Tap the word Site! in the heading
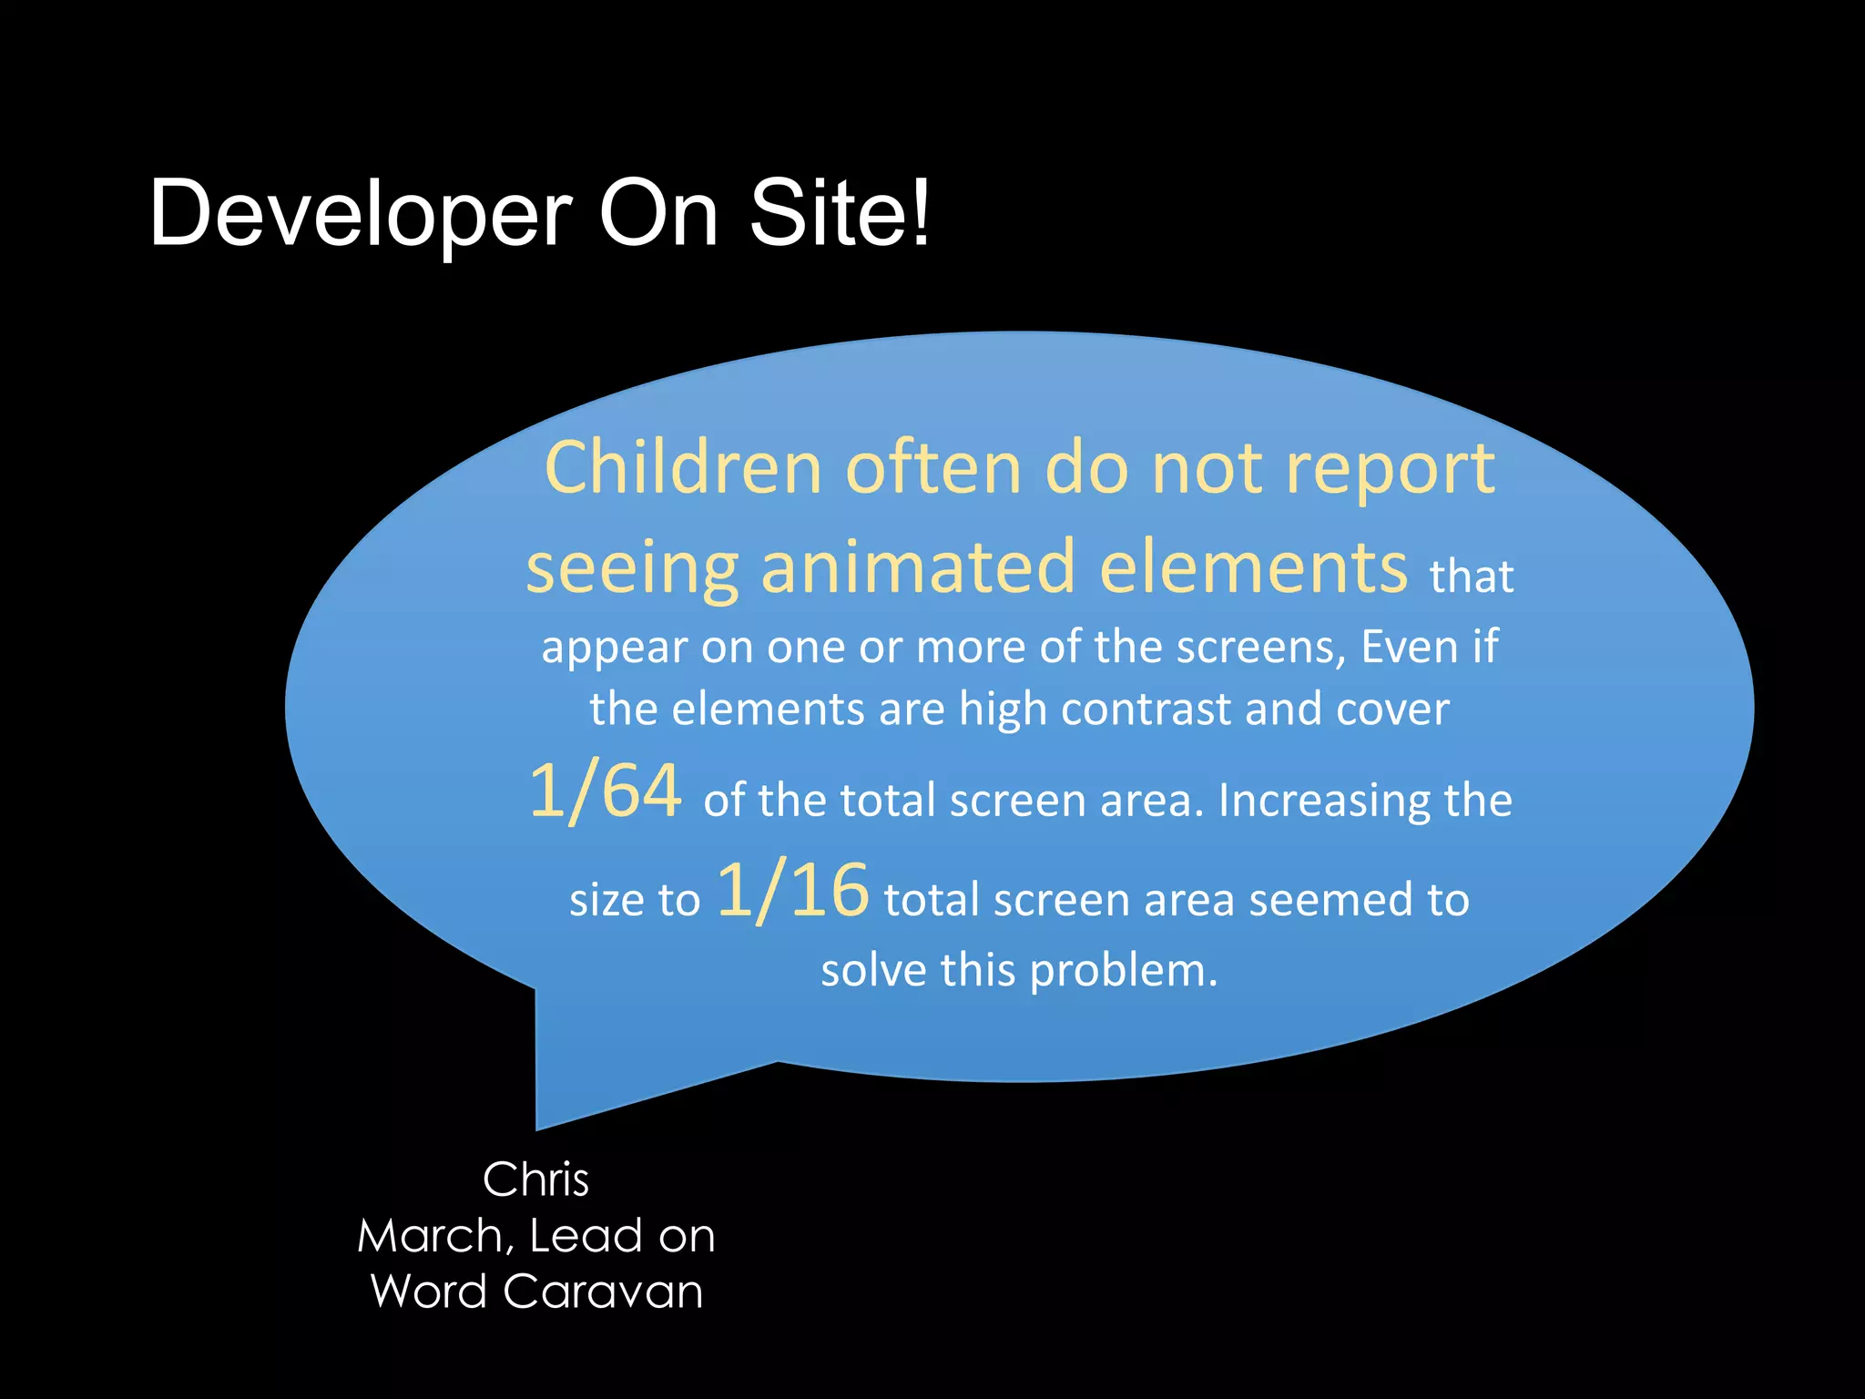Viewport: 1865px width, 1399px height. click(840, 212)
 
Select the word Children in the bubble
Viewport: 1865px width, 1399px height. click(684, 467)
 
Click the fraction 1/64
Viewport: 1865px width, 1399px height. click(605, 791)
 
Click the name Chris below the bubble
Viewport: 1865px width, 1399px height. click(535, 1180)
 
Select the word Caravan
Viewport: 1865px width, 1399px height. click(602, 1292)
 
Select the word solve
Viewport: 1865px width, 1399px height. click(872, 970)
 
